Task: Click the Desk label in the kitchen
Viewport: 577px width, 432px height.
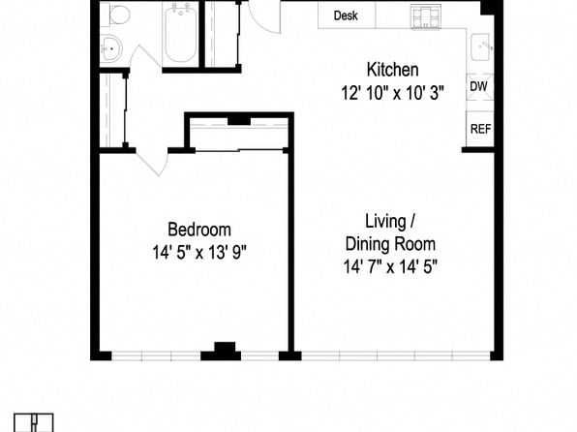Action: pos(346,15)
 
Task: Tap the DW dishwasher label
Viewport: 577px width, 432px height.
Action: pos(479,86)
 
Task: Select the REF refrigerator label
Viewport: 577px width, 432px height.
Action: pos(480,129)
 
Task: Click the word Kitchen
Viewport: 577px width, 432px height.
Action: pos(393,70)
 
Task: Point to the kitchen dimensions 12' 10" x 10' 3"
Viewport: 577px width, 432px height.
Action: pos(393,93)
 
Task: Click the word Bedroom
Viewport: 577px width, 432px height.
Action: pos(199,230)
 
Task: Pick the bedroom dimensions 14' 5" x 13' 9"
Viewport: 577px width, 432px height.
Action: pos(199,253)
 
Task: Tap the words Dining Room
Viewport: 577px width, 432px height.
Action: pos(390,244)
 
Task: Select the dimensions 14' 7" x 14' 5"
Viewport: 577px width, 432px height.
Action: pos(390,266)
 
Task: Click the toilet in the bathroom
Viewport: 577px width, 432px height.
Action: pos(117,15)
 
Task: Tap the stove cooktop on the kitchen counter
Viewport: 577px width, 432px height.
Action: pos(426,16)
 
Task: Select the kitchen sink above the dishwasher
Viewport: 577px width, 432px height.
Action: pos(481,47)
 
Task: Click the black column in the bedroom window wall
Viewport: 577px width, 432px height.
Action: pos(221,352)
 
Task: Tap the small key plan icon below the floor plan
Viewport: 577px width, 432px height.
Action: pos(34,422)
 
